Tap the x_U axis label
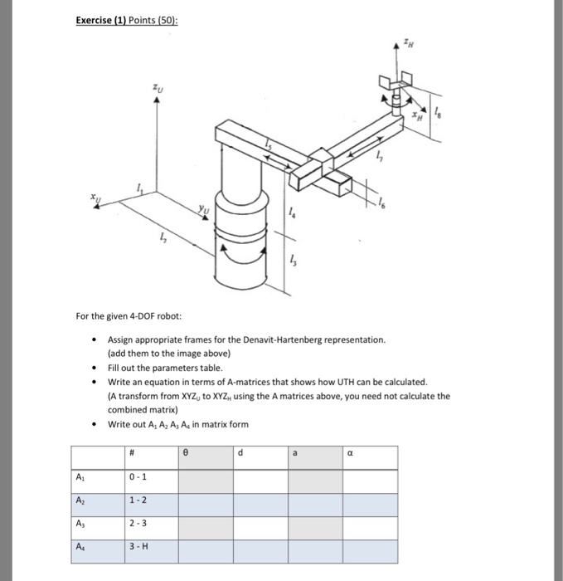pyautogui.click(x=97, y=198)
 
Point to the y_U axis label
pyautogui.click(x=203, y=212)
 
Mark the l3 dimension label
pyautogui.click(x=293, y=259)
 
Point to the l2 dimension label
pyautogui.click(x=162, y=240)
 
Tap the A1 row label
pyautogui.click(x=80, y=476)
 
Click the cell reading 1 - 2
pyautogui.click(x=138, y=500)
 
